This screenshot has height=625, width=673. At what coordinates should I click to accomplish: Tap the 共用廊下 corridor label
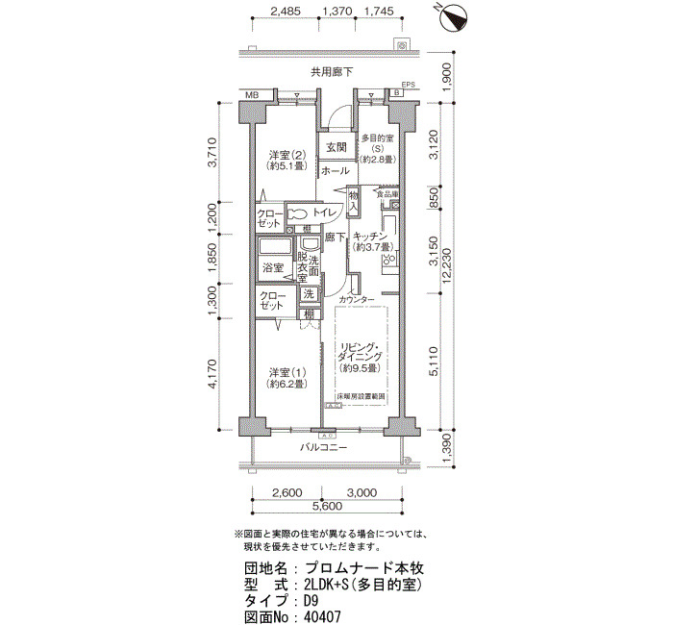(x=331, y=72)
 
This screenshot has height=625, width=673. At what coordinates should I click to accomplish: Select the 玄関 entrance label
(x=335, y=147)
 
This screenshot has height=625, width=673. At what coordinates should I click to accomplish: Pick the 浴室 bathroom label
(x=272, y=268)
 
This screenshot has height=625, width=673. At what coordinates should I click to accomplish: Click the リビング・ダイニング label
(x=361, y=356)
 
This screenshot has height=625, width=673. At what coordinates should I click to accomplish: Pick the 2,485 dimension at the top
(x=287, y=12)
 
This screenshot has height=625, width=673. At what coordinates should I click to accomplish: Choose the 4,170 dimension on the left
(x=213, y=375)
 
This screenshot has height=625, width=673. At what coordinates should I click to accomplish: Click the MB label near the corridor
(x=252, y=95)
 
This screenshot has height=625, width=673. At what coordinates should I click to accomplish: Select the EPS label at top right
(x=409, y=85)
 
